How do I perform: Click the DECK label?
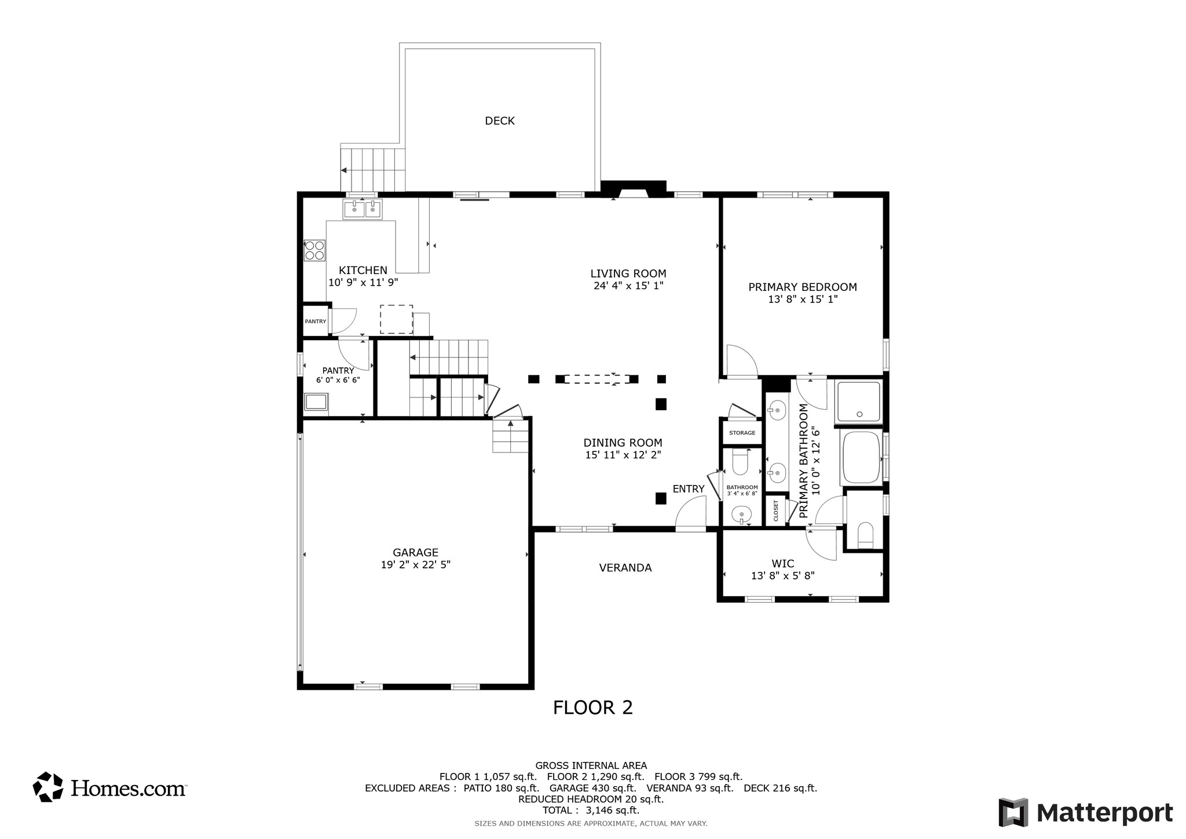tap(499, 121)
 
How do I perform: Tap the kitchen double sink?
tap(363, 209)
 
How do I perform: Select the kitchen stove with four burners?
tap(314, 250)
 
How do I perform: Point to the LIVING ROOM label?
tap(628, 273)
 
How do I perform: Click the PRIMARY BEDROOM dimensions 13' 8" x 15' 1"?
tap(803, 300)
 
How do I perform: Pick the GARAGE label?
tap(415, 553)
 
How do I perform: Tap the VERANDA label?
tap(625, 568)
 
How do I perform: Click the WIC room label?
tap(783, 564)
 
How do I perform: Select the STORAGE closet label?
tap(742, 433)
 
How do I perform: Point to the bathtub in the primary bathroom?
tap(862, 457)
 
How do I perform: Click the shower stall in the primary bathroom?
tap(859, 401)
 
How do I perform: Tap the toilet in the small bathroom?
tap(741, 462)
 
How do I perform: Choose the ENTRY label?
tap(689, 489)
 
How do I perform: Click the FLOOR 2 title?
tap(592, 707)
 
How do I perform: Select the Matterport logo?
tap(1086, 812)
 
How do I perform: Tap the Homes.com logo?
tap(109, 787)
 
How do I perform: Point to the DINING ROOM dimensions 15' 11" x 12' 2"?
tap(623, 455)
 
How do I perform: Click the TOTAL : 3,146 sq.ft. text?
tap(591, 810)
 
